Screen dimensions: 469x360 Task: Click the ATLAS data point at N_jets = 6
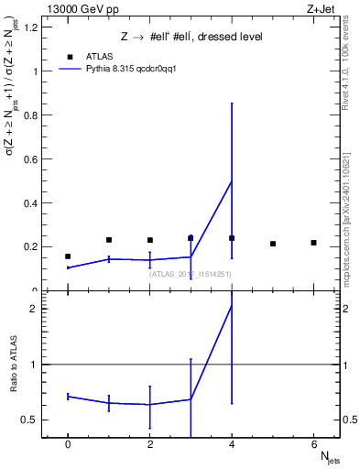[313, 243]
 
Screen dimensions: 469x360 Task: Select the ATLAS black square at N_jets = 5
[273, 244]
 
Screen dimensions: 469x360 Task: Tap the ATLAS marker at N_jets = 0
[68, 256]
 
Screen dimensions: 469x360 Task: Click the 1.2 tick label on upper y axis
[30, 27]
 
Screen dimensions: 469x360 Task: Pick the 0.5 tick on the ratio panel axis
[30, 420]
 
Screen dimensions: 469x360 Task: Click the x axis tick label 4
[232, 444]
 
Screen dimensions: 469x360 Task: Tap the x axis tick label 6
[313, 444]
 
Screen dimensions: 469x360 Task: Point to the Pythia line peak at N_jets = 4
[232, 180]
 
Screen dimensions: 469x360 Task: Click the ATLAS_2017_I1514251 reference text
[191, 273]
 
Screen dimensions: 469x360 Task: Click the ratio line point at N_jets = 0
[68, 396]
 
